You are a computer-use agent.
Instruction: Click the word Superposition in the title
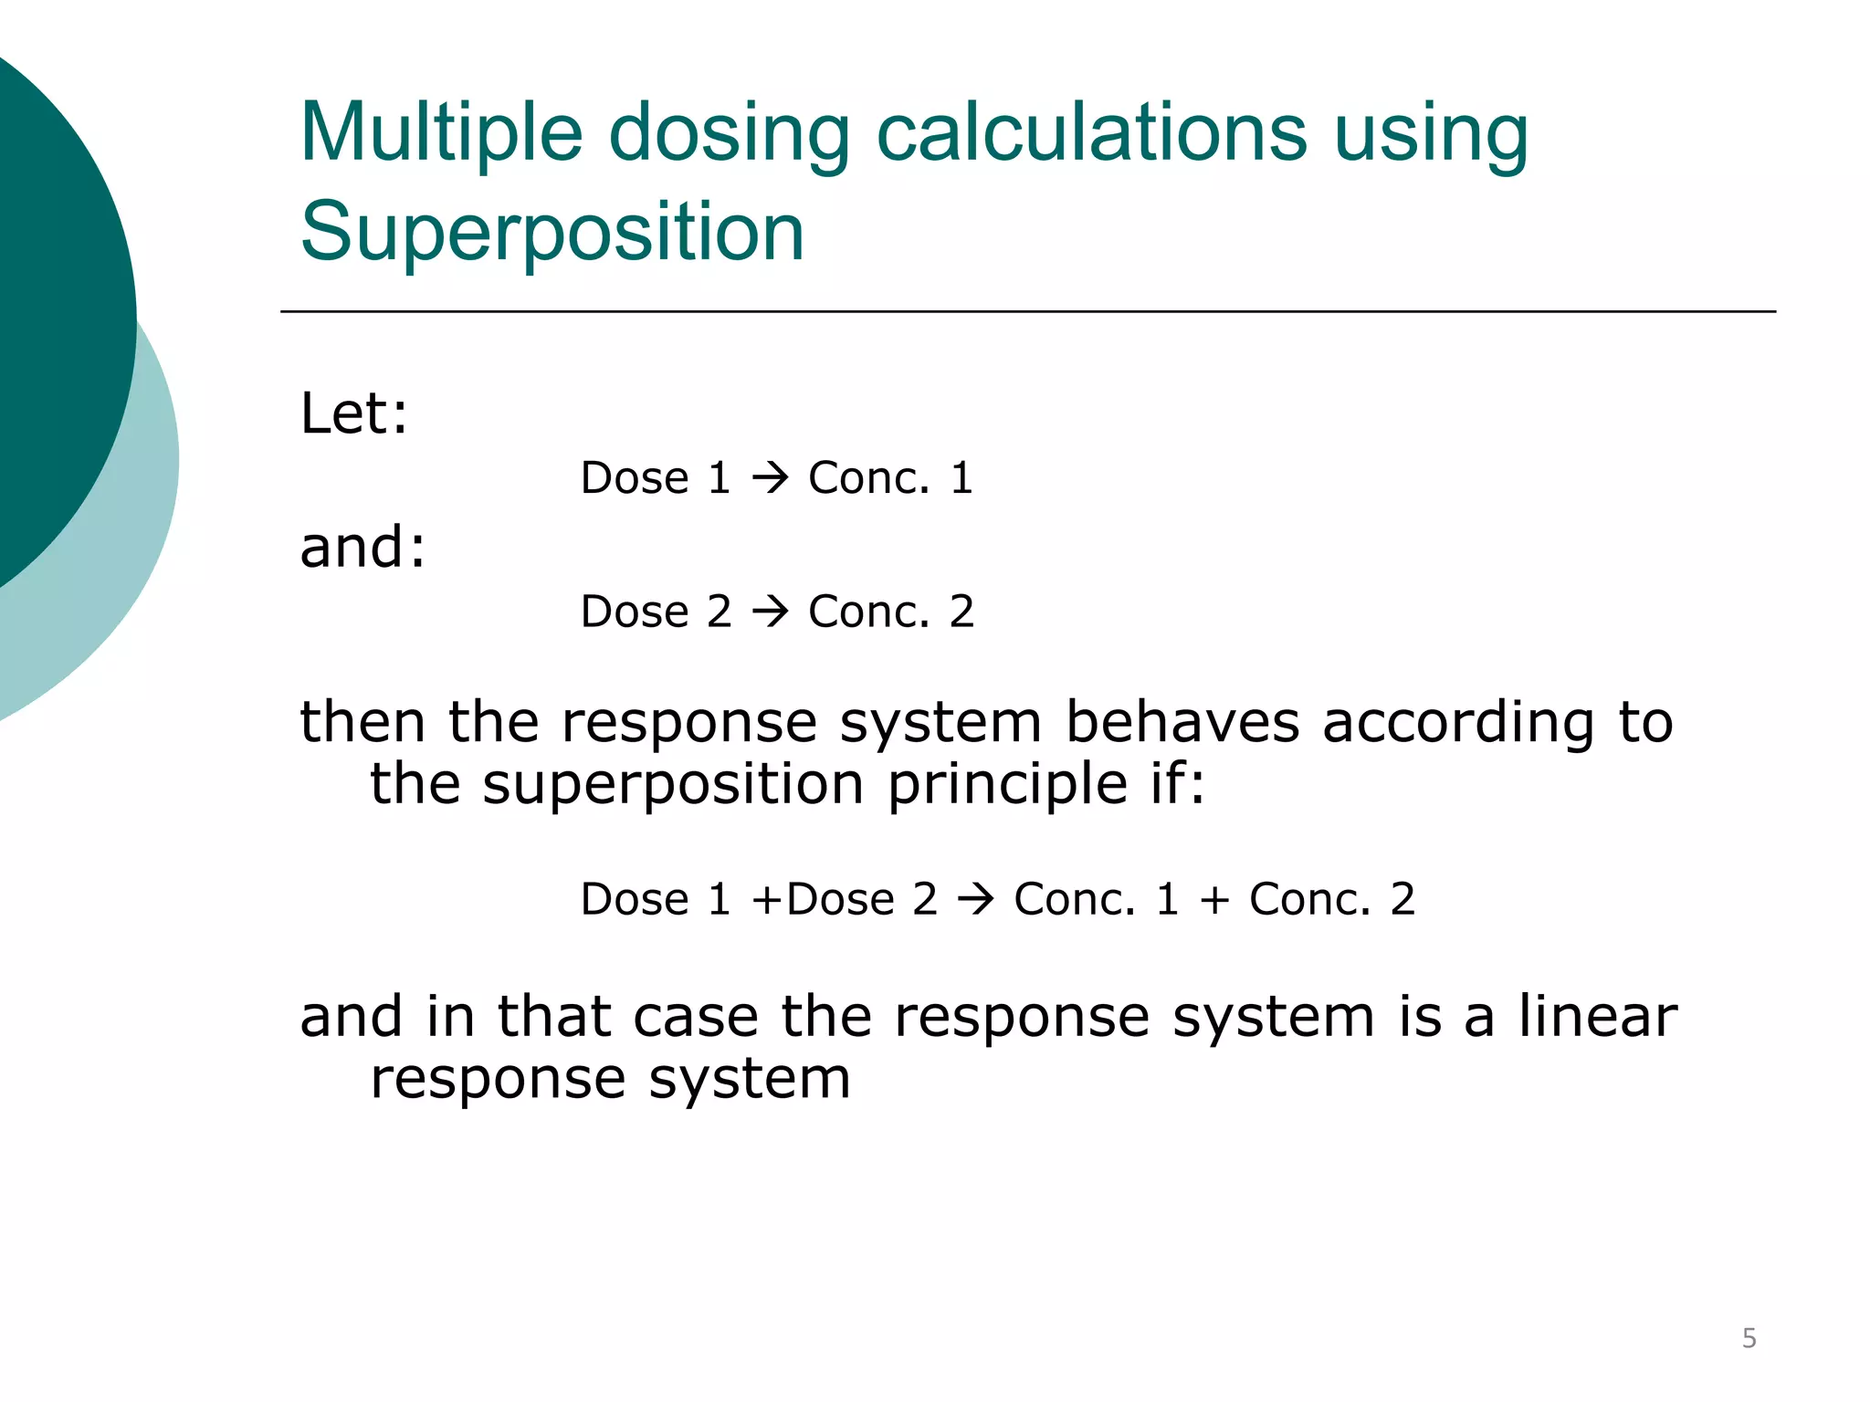click(552, 233)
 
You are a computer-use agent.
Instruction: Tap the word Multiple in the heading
click(441, 134)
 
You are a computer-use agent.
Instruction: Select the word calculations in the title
click(1091, 132)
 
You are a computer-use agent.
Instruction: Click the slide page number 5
click(1749, 1338)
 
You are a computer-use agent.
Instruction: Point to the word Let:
click(354, 413)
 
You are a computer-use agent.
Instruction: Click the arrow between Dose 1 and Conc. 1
click(770, 478)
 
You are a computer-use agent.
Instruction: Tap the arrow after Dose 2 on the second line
click(770, 612)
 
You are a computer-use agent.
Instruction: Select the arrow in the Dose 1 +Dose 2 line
click(975, 900)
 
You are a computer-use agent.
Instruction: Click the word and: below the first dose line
click(362, 548)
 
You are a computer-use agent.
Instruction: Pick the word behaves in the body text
click(1182, 722)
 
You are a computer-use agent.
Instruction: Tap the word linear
click(1598, 1017)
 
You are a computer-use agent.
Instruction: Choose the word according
click(1458, 724)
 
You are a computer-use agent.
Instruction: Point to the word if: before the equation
click(1177, 784)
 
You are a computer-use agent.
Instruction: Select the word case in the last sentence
click(696, 1017)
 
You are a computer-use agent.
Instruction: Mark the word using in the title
click(1431, 134)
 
